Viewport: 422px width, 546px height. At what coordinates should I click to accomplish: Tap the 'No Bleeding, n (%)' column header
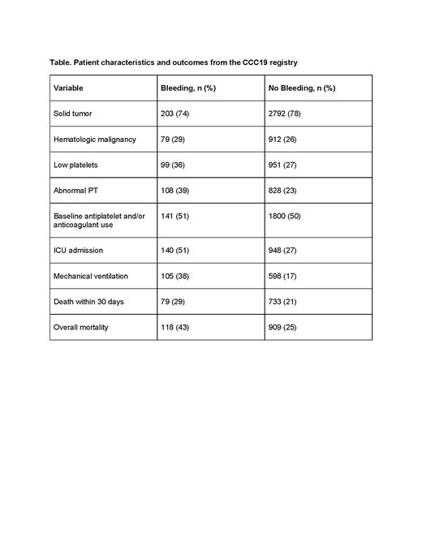pos(301,88)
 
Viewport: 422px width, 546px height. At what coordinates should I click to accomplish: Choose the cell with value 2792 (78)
pos(286,114)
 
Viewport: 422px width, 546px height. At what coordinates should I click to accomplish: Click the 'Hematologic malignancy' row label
pos(94,140)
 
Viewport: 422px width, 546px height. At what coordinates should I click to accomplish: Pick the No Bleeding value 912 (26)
pos(284,140)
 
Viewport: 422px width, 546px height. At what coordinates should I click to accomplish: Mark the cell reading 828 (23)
pos(284,191)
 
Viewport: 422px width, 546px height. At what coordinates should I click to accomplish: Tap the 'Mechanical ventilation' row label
pos(91,276)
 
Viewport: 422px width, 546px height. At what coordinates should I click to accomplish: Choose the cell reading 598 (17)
pos(284,276)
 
